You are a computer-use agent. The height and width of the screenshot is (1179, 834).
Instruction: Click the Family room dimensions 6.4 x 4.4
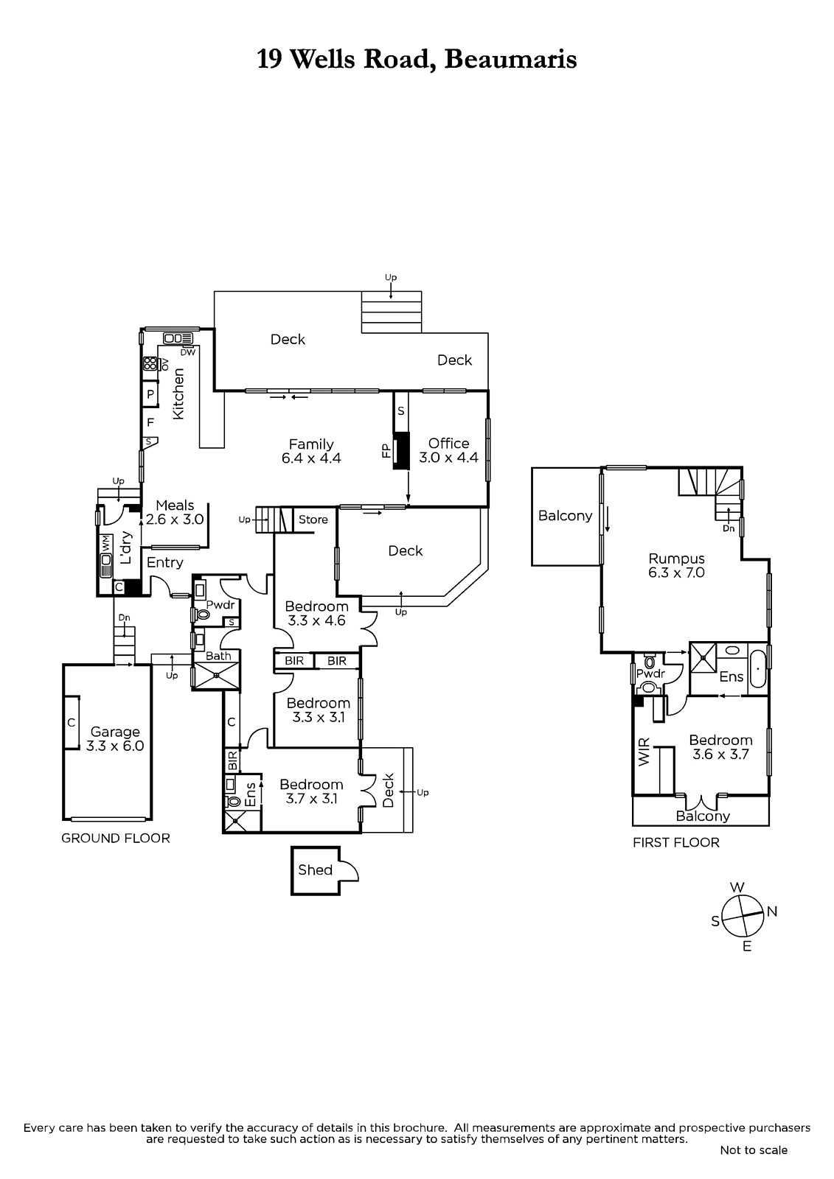tap(311, 458)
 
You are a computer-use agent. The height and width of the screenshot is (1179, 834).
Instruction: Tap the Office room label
tap(448, 444)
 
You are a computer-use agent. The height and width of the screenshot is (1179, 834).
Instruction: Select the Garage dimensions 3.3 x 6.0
tap(115, 746)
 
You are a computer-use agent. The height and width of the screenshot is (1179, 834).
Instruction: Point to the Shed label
tap(315, 870)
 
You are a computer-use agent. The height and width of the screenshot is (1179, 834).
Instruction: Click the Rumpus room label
tap(676, 559)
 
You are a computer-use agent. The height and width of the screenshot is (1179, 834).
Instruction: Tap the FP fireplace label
tap(386, 450)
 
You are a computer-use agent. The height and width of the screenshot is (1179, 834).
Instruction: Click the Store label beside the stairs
tap(313, 519)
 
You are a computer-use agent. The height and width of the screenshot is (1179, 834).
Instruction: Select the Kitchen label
tap(178, 393)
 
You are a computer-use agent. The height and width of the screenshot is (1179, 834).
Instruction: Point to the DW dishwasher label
tap(188, 352)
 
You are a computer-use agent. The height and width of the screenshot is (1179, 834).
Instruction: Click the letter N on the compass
tap(772, 912)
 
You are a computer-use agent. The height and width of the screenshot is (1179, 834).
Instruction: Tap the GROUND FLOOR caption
tap(115, 839)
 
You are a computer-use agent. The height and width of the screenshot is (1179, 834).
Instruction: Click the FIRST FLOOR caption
tap(676, 843)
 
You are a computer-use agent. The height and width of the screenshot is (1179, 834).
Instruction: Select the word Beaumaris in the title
tap(510, 60)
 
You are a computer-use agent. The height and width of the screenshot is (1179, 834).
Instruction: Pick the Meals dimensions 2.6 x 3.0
tap(175, 519)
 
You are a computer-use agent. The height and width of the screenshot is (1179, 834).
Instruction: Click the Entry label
tap(164, 563)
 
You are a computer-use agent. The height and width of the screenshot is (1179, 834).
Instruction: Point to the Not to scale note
tap(754, 1150)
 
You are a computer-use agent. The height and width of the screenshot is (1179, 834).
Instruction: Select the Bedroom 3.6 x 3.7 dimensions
tap(720, 755)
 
